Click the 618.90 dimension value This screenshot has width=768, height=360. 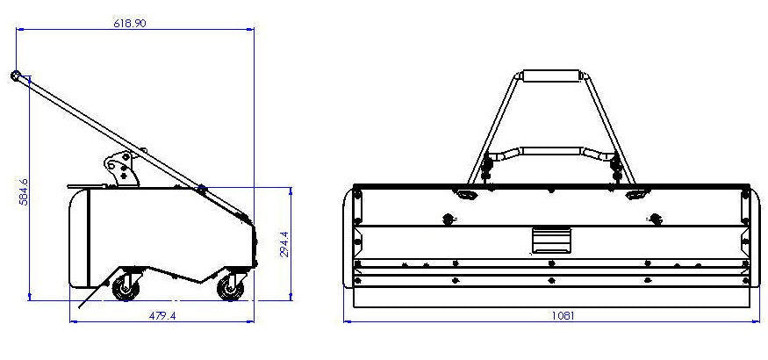point(129,22)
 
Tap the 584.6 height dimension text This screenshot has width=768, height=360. point(24,191)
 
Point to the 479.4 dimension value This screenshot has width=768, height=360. point(162,315)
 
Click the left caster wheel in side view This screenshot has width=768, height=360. point(126,286)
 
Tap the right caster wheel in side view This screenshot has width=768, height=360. point(231,286)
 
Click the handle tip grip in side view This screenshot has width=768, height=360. point(16,76)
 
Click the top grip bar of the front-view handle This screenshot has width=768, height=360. point(551,76)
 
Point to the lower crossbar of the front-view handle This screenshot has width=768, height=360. point(551,153)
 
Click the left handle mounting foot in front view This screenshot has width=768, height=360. point(465,193)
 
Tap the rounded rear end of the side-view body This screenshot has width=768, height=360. point(79,237)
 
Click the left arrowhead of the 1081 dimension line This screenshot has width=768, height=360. point(347,321)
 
